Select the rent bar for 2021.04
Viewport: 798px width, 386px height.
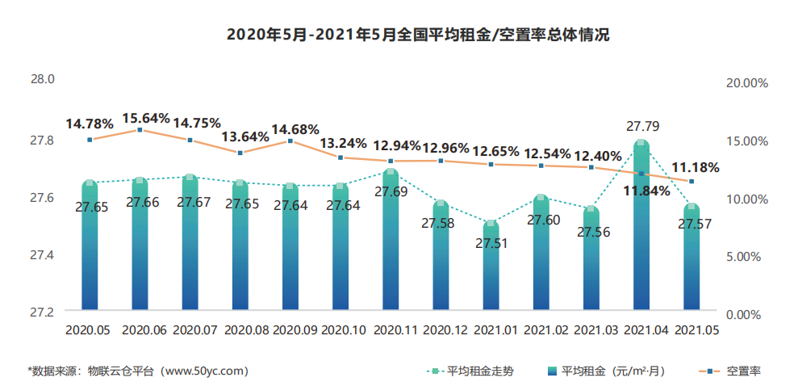tap(641, 234)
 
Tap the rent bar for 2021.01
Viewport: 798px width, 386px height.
tap(491, 271)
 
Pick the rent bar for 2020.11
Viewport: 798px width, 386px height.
tap(391, 242)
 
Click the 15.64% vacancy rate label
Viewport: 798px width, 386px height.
tap(146, 118)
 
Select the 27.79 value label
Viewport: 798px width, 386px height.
tap(641, 126)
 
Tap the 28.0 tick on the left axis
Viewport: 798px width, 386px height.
tap(42, 80)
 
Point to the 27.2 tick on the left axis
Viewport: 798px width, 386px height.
tap(42, 312)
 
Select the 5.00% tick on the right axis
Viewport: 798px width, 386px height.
tap(747, 256)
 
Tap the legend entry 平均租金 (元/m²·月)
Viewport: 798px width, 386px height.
tap(612, 371)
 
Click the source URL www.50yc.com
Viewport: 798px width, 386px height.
tap(205, 371)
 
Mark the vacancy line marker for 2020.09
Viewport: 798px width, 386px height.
tap(290, 141)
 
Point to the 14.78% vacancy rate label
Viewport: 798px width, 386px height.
tap(89, 124)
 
